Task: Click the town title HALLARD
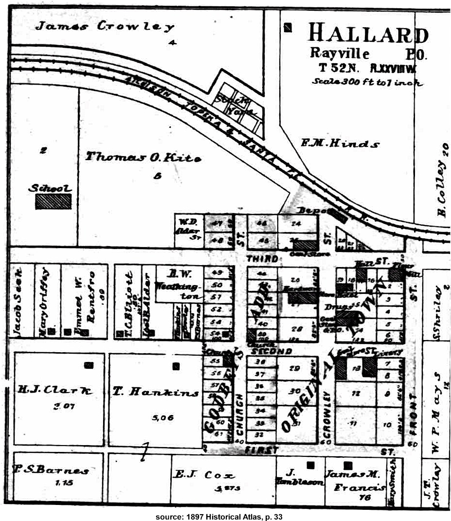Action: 368,34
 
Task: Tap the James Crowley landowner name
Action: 105,26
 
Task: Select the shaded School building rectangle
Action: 53,201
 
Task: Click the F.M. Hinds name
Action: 340,144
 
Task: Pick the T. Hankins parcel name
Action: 156,393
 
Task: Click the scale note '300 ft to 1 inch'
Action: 367,82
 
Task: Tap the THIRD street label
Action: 262,259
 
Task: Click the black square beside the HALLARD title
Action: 289,28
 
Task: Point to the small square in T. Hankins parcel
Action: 176,366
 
